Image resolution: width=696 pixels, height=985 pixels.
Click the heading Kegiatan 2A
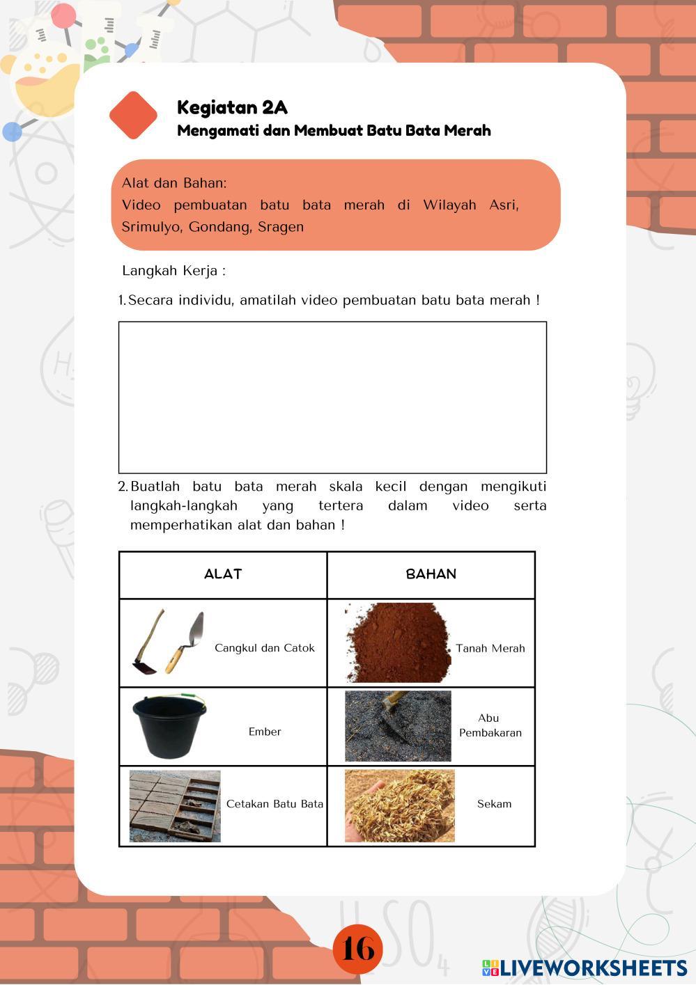[x=232, y=107]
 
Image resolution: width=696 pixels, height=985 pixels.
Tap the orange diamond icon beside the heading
[x=133, y=115]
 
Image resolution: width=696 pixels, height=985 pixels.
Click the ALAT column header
[x=223, y=574]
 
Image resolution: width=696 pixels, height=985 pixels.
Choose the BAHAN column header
[x=431, y=574]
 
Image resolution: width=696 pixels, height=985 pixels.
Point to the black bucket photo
[x=169, y=725]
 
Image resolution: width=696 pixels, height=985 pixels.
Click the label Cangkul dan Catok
[x=265, y=648]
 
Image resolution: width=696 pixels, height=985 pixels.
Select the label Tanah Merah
[x=490, y=649]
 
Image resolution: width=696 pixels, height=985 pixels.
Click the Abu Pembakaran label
[x=490, y=725]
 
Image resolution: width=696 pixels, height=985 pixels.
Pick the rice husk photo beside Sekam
[x=399, y=805]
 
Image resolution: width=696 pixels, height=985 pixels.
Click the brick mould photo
[x=175, y=806]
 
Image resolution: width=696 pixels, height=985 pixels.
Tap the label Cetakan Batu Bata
[x=274, y=804]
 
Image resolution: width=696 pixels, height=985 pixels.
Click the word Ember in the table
[x=265, y=732]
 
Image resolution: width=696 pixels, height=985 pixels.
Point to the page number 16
[x=358, y=949]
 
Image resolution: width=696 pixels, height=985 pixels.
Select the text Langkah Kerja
[x=173, y=271]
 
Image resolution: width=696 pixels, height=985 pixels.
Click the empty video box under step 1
[x=332, y=397]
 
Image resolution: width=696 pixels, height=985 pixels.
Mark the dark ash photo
[x=398, y=726]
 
